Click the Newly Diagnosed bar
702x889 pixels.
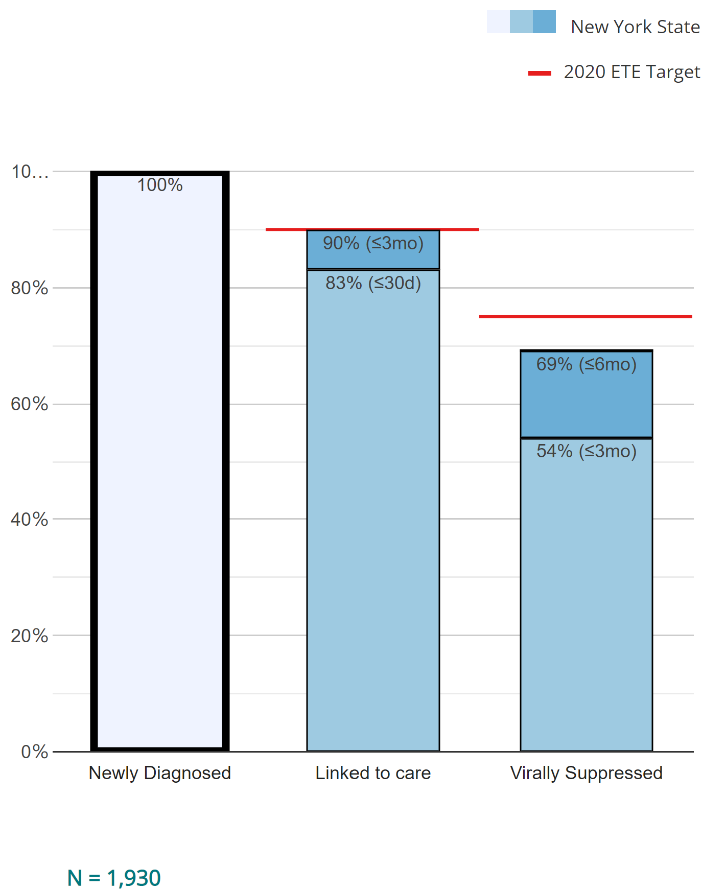coord(160,460)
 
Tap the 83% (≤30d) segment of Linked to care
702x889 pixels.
coord(373,511)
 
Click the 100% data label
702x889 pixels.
coord(160,185)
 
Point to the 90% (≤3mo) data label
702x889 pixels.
coord(373,243)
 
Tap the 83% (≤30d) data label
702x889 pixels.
coord(373,283)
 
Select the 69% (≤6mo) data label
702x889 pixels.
coord(587,364)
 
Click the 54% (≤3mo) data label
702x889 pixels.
coord(587,451)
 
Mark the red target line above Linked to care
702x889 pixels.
coord(372,229)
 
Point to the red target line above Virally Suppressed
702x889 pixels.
coord(586,317)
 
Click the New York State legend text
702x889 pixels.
coord(635,27)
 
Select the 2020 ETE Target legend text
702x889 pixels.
coord(632,72)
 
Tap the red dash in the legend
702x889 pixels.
coord(540,74)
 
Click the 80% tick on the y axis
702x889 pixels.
coord(30,288)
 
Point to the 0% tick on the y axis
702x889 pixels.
coord(34,752)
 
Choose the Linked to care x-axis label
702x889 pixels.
coord(373,773)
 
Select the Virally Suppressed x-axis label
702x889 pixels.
coord(587,773)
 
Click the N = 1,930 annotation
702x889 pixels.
coord(114,878)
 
